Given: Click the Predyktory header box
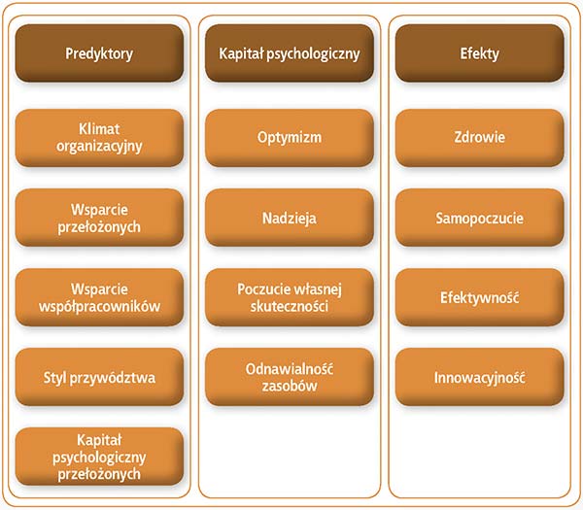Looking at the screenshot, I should [x=99, y=53].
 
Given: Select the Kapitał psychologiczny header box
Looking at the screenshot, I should [x=289, y=53].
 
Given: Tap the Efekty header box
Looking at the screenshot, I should [x=479, y=53].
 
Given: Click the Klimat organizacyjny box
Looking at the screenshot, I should [x=99, y=138].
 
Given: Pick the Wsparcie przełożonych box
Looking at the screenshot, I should [x=99, y=218].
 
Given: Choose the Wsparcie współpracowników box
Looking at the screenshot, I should [x=99, y=297].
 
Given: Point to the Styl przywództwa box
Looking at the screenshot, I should [x=99, y=377].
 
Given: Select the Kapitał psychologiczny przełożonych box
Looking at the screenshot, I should [x=99, y=457].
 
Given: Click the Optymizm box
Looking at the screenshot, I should [x=289, y=138].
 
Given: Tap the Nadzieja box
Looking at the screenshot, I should [x=289, y=218].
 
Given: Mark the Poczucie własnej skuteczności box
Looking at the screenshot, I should [x=289, y=297].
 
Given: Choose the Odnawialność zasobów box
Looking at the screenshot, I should [x=289, y=377].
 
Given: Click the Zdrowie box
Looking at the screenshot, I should [x=479, y=138].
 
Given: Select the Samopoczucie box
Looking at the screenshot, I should [x=479, y=218].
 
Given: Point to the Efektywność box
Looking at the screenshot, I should [x=479, y=297].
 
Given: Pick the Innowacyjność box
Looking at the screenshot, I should [x=479, y=377].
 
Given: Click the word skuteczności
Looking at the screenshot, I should [x=289, y=306].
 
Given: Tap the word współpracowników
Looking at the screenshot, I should [x=99, y=306].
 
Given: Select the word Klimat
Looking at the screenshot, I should [x=99, y=129].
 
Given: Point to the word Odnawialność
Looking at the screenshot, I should [x=289, y=368].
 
